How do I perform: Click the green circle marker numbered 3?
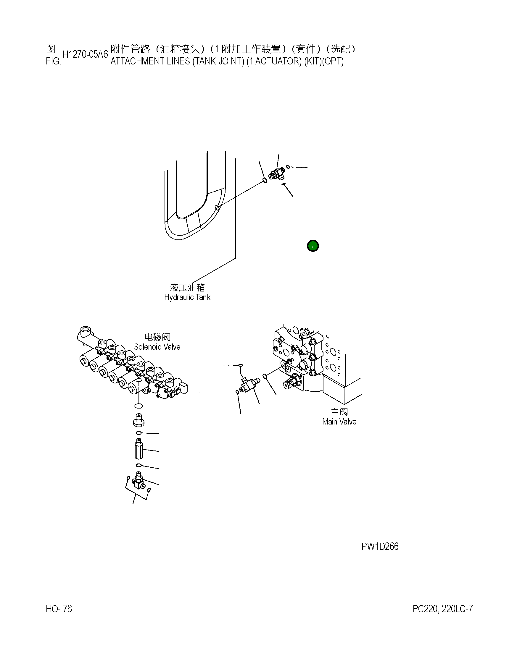[x=313, y=246]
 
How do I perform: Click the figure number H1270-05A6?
[x=85, y=54]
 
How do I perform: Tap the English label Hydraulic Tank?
[x=187, y=297]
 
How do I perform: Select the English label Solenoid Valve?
[x=157, y=347]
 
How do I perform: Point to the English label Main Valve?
[x=339, y=422]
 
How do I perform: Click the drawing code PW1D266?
[x=380, y=547]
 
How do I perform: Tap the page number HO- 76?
[x=59, y=609]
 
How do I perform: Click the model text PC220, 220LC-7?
[x=442, y=609]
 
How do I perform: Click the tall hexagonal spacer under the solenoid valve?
[x=138, y=450]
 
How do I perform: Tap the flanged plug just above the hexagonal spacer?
[x=138, y=419]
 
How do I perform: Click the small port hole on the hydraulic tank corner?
[x=216, y=208]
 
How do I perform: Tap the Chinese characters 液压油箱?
[x=187, y=287]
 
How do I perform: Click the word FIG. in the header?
[x=54, y=61]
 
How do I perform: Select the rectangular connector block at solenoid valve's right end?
[x=183, y=388]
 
